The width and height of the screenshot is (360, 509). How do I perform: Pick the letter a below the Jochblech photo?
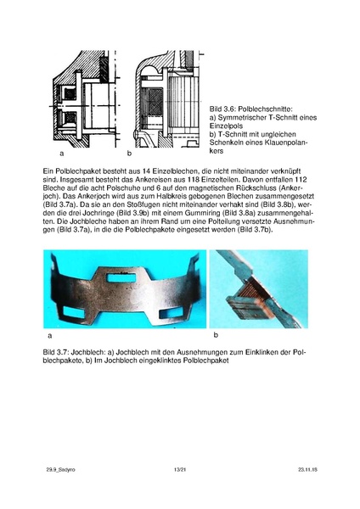tap(49, 336)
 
